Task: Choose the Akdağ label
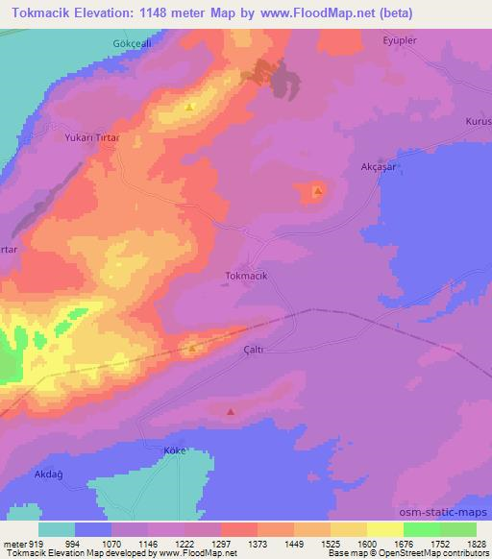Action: (49, 474)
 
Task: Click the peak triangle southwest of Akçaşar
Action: (317, 193)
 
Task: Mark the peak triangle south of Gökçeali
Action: (190, 107)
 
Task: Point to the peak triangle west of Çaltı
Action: (192, 349)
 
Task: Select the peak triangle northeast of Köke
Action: (231, 412)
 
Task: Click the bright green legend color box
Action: (422, 529)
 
